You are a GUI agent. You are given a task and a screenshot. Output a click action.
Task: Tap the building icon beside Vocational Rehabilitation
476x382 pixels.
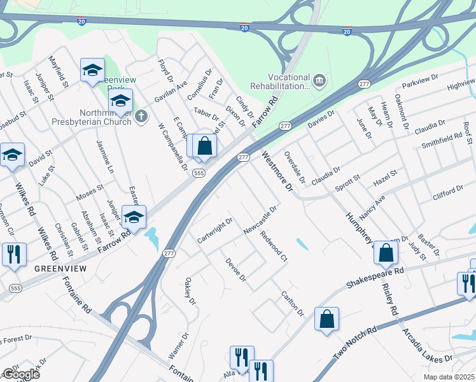pos(319,80)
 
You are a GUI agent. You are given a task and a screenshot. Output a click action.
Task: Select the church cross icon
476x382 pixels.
pos(142,116)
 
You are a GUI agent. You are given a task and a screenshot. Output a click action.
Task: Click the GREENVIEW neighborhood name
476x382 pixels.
pos(60,269)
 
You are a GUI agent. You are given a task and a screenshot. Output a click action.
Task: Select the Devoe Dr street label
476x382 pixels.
pos(235,270)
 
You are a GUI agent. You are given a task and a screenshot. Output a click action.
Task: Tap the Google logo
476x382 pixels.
pos(20,374)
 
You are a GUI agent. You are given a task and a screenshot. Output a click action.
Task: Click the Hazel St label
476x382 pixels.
pos(385,177)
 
